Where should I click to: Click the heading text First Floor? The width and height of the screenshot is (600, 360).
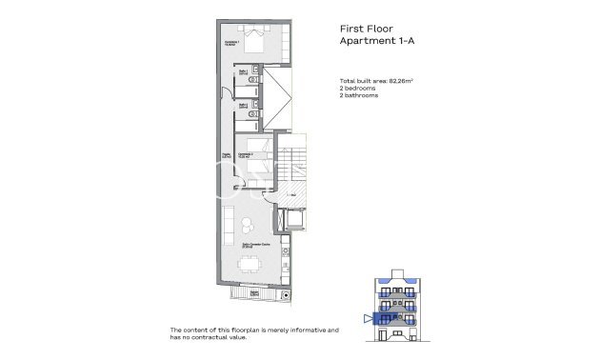(x=368, y=30)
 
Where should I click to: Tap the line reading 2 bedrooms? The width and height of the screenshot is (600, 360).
(x=358, y=88)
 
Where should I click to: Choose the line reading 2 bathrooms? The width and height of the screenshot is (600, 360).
(x=359, y=95)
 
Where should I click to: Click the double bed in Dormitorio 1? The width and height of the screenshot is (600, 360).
(x=254, y=42)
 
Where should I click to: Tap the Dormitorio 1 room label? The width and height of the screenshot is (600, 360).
(x=230, y=43)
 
